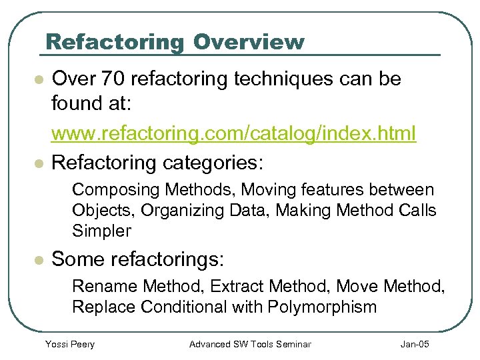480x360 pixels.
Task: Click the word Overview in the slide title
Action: [249, 42]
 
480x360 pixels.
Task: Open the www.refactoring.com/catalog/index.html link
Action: [233, 133]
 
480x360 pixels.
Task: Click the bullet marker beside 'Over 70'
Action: [39, 80]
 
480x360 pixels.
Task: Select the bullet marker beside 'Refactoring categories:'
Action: [39, 163]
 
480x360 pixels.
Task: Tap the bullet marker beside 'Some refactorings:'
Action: [39, 259]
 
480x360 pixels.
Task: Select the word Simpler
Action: [101, 231]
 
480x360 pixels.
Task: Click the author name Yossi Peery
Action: [69, 344]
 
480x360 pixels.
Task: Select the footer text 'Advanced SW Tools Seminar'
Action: [250, 344]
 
